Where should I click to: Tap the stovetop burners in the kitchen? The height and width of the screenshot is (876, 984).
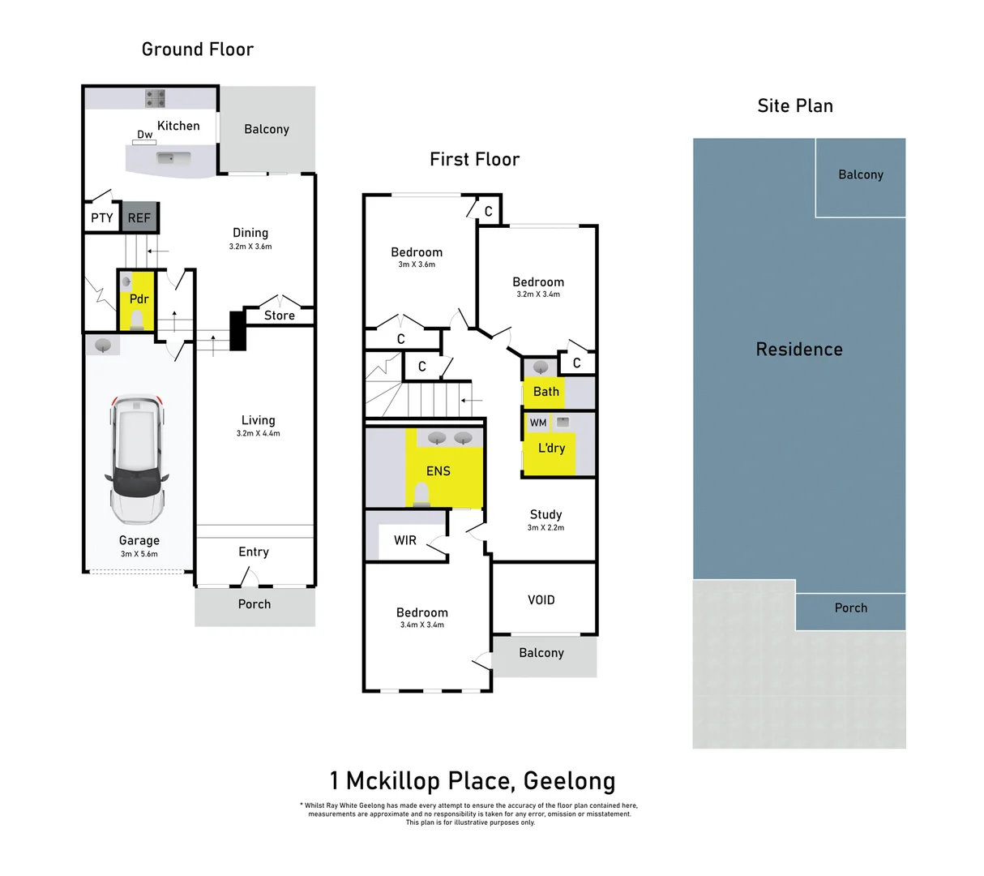(x=155, y=99)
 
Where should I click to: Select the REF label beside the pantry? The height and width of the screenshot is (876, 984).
(x=139, y=218)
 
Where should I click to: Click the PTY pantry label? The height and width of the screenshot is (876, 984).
(x=102, y=218)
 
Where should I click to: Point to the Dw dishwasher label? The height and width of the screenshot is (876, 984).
(x=144, y=135)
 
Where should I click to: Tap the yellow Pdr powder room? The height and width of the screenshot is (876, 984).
(x=139, y=299)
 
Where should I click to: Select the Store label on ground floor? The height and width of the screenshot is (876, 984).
(x=280, y=316)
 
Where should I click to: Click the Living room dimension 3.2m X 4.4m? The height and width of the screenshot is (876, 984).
(x=258, y=434)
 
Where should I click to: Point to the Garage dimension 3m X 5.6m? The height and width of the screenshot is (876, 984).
(x=139, y=554)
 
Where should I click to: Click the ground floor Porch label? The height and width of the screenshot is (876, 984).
(x=255, y=604)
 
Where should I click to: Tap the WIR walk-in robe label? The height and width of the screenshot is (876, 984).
(x=405, y=540)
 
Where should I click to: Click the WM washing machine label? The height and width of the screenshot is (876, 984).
(x=538, y=423)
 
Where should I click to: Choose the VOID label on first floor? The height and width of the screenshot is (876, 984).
(x=541, y=600)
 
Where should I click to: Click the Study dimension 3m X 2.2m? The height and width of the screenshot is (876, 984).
(x=545, y=528)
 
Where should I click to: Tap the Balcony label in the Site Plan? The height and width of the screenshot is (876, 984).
(x=861, y=174)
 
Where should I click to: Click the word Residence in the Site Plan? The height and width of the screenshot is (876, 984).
(x=799, y=350)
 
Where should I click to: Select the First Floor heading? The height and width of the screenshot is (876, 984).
(x=474, y=160)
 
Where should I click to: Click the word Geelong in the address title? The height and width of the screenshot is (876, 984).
(x=569, y=781)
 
